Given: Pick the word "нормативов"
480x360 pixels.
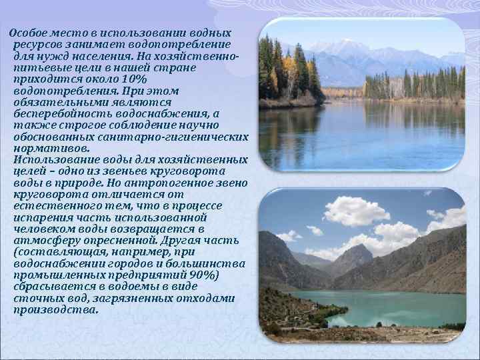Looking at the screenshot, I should pyautogui.click(x=49, y=149).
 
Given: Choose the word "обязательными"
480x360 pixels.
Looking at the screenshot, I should pyautogui.click(x=59, y=103).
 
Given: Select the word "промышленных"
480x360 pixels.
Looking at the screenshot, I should pyautogui.click(x=55, y=275).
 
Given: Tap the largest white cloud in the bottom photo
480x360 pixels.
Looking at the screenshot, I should pyautogui.click(x=356, y=211).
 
